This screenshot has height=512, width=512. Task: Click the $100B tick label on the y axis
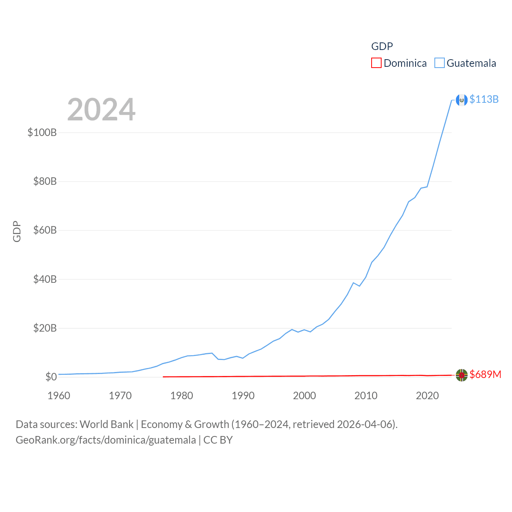click(42, 132)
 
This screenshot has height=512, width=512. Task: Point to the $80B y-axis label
click(45, 182)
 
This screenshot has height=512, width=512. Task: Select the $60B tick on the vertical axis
click(45, 230)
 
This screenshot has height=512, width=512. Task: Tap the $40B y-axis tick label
click(45, 279)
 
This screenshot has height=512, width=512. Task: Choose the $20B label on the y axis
click(45, 328)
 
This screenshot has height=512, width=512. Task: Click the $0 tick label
click(51, 377)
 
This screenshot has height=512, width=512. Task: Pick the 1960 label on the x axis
click(59, 396)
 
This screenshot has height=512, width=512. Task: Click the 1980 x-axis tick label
click(182, 396)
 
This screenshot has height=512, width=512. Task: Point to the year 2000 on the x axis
click(304, 396)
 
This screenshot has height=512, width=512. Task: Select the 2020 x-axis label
click(427, 396)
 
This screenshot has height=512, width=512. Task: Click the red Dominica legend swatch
click(376, 63)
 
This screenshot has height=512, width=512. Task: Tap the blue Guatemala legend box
click(440, 63)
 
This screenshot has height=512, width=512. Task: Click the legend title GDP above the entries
click(382, 46)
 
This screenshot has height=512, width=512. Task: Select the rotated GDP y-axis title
click(17, 231)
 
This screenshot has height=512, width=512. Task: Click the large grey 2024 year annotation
click(101, 110)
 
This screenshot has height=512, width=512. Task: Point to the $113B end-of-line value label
click(484, 99)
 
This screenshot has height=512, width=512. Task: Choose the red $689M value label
click(485, 374)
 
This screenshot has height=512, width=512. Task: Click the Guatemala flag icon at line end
click(462, 100)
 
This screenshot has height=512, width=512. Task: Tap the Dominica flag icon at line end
click(462, 375)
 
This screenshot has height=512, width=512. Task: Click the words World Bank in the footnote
click(106, 424)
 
